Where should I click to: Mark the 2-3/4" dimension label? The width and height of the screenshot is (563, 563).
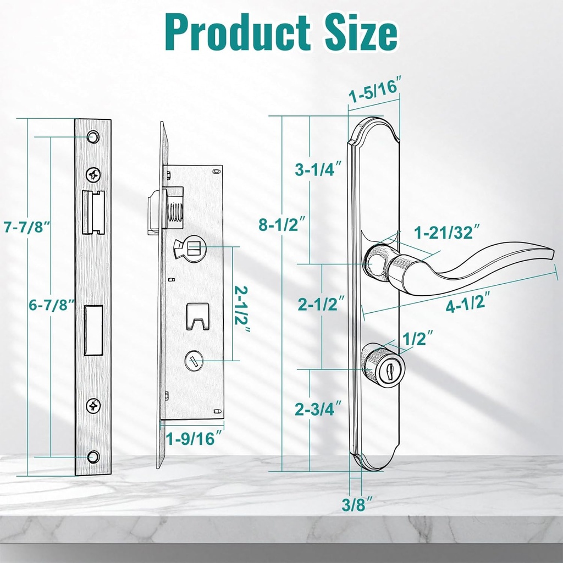(318, 409)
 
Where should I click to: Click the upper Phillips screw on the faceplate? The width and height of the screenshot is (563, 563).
(93, 175)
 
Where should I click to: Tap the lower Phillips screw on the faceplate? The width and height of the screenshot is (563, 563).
(93, 406)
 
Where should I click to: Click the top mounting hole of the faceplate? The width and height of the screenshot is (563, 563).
(93, 135)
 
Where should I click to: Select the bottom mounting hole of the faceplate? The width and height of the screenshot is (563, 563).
(93, 456)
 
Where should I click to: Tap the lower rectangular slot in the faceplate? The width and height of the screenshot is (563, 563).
(93, 329)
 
